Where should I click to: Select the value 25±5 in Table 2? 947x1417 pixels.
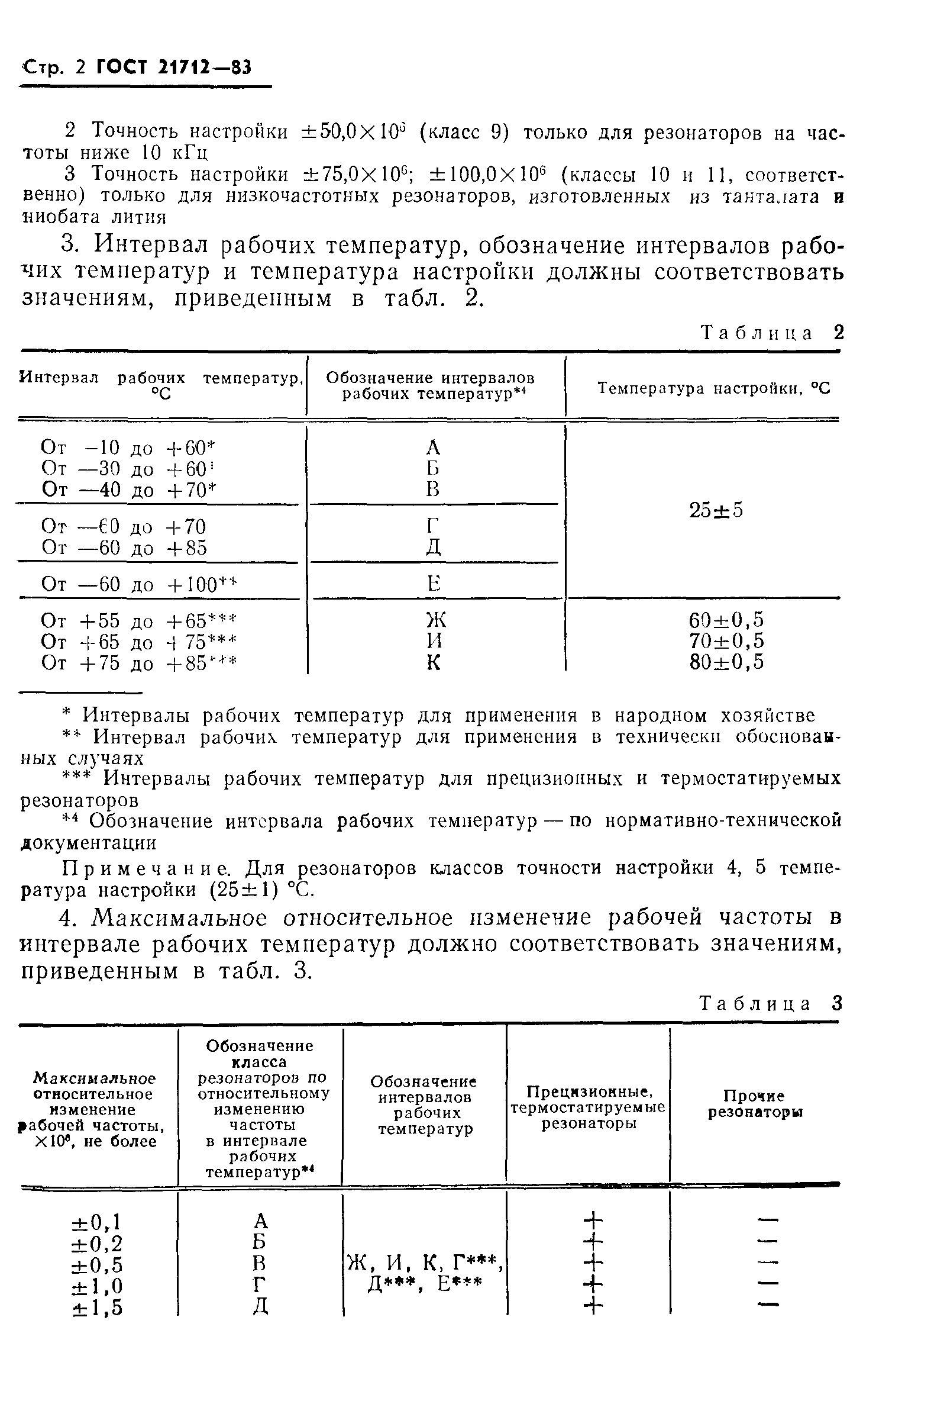pyautogui.click(x=716, y=511)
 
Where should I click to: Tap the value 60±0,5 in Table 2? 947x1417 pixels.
pyautogui.click(x=726, y=620)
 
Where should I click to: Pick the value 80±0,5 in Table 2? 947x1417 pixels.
pyautogui.click(x=726, y=662)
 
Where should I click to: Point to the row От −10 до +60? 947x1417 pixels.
pyautogui.click(x=128, y=447)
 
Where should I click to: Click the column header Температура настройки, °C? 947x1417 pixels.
pyautogui.click(x=714, y=388)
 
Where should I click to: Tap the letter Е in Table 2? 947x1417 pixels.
pyautogui.click(x=434, y=584)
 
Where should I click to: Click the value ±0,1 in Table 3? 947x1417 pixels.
pyautogui.click(x=96, y=1223)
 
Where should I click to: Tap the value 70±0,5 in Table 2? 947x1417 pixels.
pyautogui.click(x=726, y=641)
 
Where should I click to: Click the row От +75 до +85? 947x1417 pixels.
pyautogui.click(x=139, y=664)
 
